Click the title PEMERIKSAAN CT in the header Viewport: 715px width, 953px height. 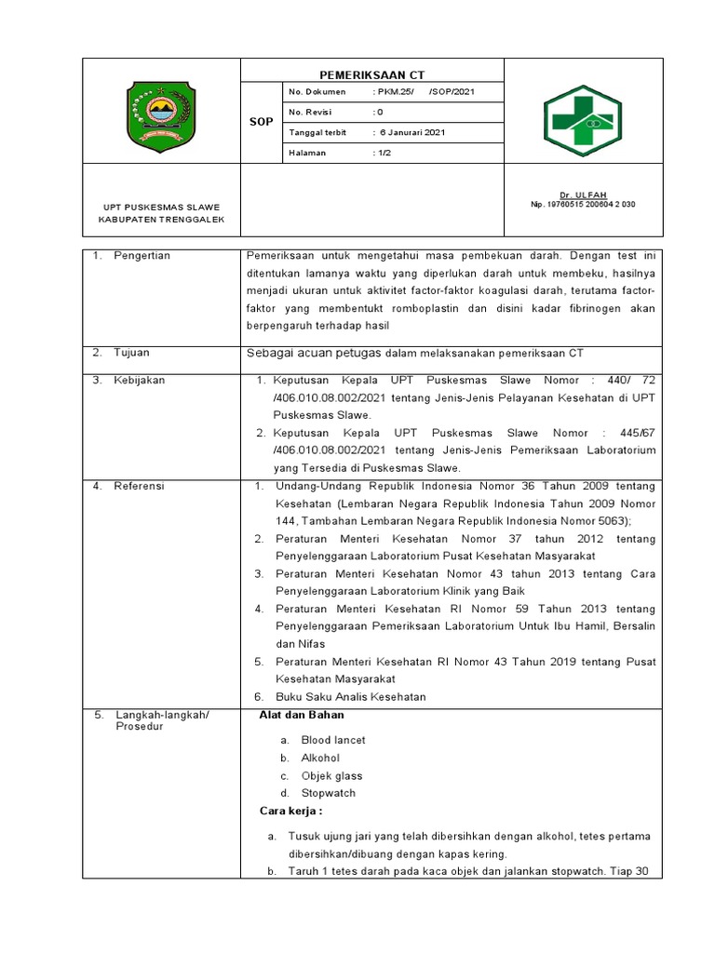tap(372, 74)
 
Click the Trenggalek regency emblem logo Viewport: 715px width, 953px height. tap(161, 111)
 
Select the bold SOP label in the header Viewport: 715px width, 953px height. tap(262, 122)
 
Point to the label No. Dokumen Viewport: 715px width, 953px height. tap(317, 92)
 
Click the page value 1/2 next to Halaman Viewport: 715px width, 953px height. tap(384, 153)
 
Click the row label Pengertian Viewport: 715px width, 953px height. tap(142, 255)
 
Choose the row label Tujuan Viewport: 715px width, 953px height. tap(131, 353)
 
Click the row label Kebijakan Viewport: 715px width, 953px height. tap(138, 381)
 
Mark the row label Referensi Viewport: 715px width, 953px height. tap(139, 486)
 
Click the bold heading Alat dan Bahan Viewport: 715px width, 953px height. tap(301, 715)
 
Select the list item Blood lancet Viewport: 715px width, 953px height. tap(333, 740)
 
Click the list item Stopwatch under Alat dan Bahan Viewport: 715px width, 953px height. tap(329, 793)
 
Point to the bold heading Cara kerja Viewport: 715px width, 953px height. tap(290, 812)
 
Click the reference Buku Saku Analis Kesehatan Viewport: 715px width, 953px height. tap(351, 697)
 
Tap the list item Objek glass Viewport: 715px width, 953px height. tap(331, 775)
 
